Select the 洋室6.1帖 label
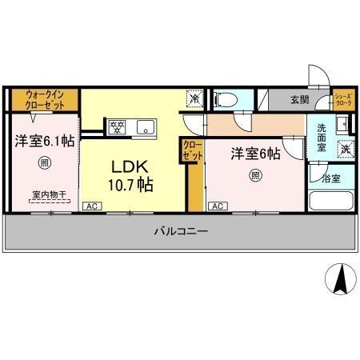pyautogui.click(x=43, y=141)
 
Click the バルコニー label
pyautogui.click(x=182, y=232)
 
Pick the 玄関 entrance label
pyautogui.click(x=299, y=100)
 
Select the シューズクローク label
pyautogui.click(x=342, y=100)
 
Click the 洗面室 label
pyautogui.click(x=321, y=138)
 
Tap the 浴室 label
pyautogui.click(x=330, y=178)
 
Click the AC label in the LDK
pyautogui.click(x=92, y=206)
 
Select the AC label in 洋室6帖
pyautogui.click(x=217, y=206)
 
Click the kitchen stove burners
pyautogui.click(x=117, y=125)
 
